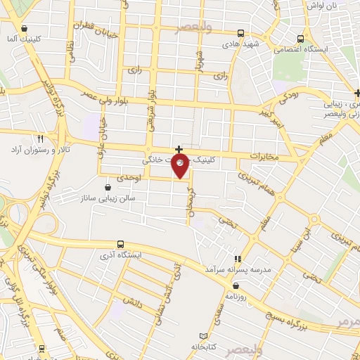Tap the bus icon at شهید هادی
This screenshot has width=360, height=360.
click(x=241, y=33)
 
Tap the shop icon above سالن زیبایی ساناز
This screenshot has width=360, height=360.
click(x=108, y=188)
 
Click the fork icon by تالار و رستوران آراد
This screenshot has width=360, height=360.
click(x=40, y=139)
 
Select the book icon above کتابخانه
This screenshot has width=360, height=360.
click(x=204, y=336)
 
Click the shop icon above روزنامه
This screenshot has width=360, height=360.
click(x=236, y=285)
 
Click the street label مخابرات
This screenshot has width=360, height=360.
click(x=265, y=157)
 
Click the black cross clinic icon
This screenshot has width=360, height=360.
click(x=179, y=149)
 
